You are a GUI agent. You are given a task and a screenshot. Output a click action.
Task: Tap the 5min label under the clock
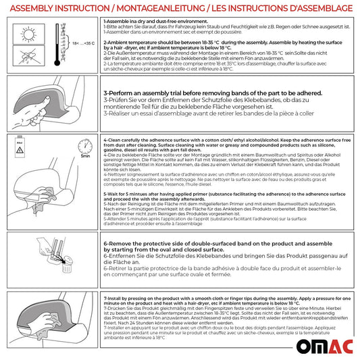[x=85, y=157]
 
